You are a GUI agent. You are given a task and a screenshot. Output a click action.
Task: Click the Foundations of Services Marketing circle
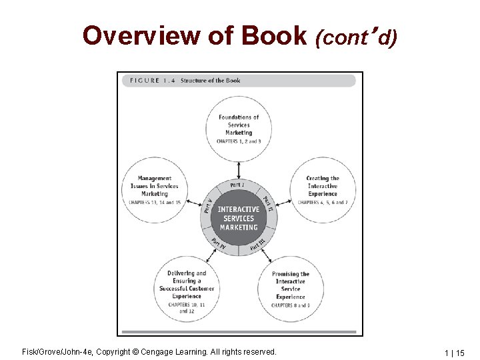point(239,128)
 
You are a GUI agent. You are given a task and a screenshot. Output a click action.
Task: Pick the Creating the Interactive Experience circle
point(323,190)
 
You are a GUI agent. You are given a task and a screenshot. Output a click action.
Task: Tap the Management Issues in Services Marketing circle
point(155,190)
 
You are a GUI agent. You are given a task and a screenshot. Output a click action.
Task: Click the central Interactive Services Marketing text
point(239,218)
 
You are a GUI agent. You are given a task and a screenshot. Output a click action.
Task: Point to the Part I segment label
point(237,185)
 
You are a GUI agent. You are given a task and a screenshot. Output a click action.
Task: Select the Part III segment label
point(258,245)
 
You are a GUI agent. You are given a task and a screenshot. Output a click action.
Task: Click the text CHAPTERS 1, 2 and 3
point(239,141)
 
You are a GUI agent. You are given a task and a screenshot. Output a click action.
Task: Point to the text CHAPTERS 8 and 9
point(291,305)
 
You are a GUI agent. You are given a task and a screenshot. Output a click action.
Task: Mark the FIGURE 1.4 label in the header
point(149,81)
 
